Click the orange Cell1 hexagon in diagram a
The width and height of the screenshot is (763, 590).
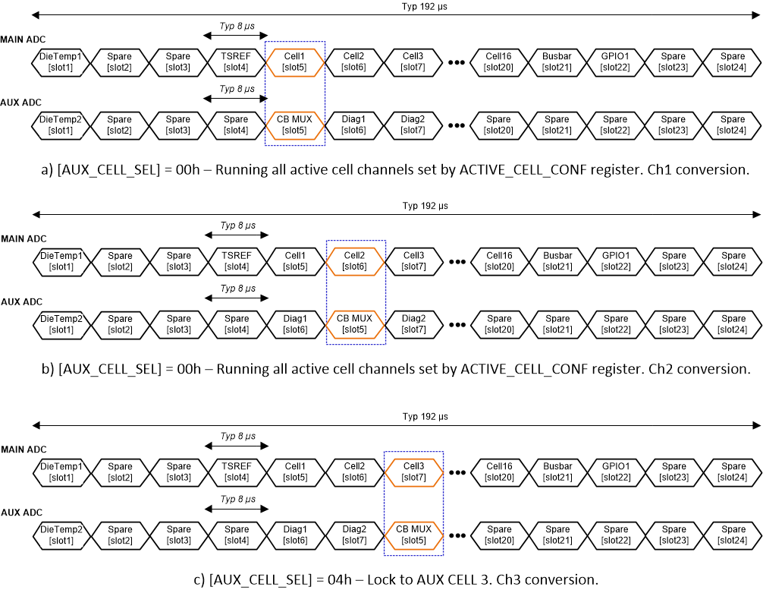[x=295, y=62]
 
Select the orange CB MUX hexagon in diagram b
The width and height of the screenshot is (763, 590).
[x=355, y=324]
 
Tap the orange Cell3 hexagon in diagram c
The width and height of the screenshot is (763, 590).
[x=413, y=472]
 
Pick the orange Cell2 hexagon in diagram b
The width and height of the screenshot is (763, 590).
[x=355, y=261]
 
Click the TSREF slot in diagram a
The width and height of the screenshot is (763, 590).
[x=236, y=62]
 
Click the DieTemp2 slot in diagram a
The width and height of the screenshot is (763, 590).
[x=60, y=125]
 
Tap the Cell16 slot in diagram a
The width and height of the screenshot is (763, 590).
[x=498, y=62]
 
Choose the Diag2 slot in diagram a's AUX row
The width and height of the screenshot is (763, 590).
[x=413, y=125]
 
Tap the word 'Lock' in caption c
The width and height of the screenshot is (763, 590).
[x=381, y=579]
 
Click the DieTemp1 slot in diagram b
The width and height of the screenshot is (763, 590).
[x=61, y=261]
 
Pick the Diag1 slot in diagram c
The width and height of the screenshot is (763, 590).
[x=296, y=535]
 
